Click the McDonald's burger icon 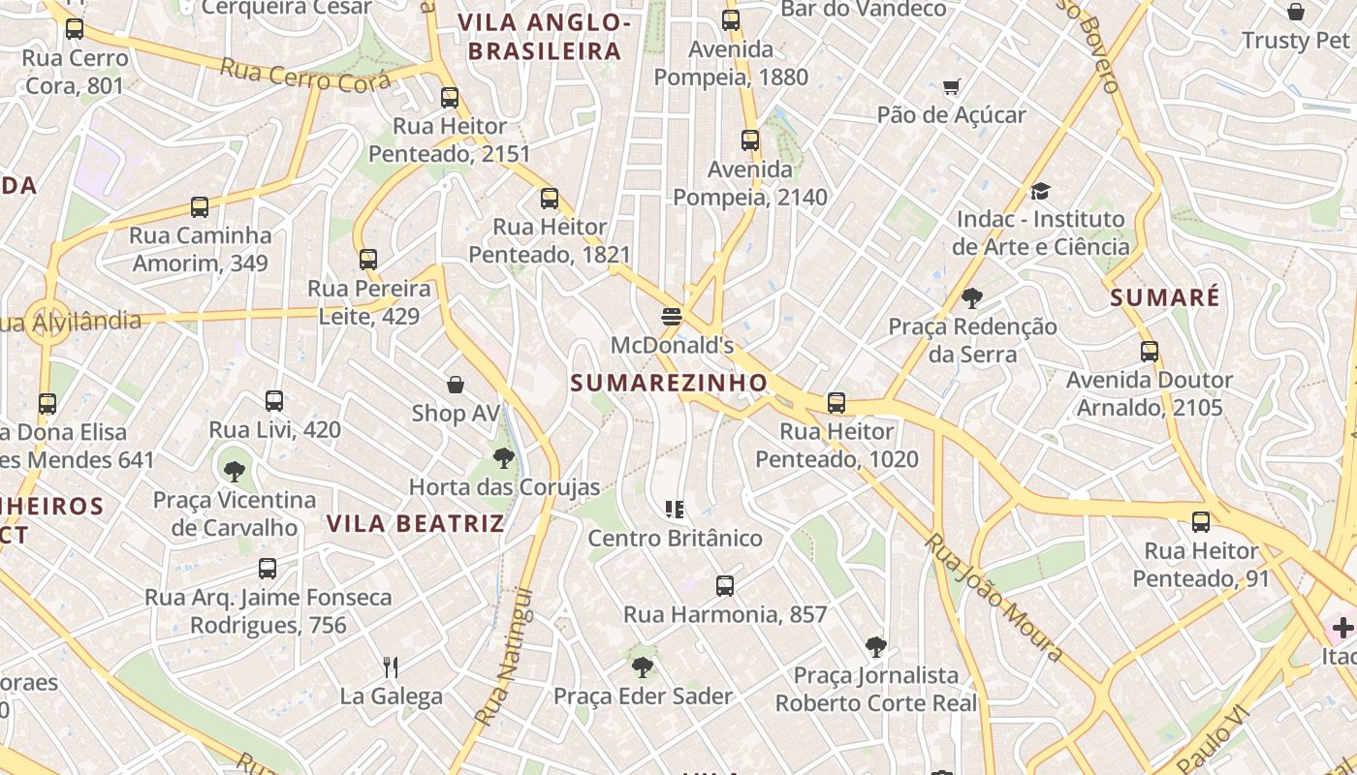[x=671, y=316]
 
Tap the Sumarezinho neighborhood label [x=669, y=384]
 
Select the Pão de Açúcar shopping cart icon [x=951, y=86]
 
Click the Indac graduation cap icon [x=1040, y=191]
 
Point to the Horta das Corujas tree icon [x=503, y=458]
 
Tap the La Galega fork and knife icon [x=391, y=666]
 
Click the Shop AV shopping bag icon [x=456, y=385]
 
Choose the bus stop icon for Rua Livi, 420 [x=274, y=401]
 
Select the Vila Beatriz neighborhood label [x=415, y=524]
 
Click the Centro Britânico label [x=676, y=539]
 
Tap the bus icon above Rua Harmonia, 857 [x=724, y=586]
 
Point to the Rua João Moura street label [x=994, y=597]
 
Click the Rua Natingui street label [x=505, y=656]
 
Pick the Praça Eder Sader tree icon [x=642, y=666]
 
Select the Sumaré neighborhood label [x=1165, y=297]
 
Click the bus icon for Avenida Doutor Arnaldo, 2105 [x=1150, y=351]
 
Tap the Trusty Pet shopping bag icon [x=1295, y=12]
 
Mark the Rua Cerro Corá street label [x=305, y=75]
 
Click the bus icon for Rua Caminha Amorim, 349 [x=200, y=207]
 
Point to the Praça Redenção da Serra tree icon [x=972, y=298]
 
